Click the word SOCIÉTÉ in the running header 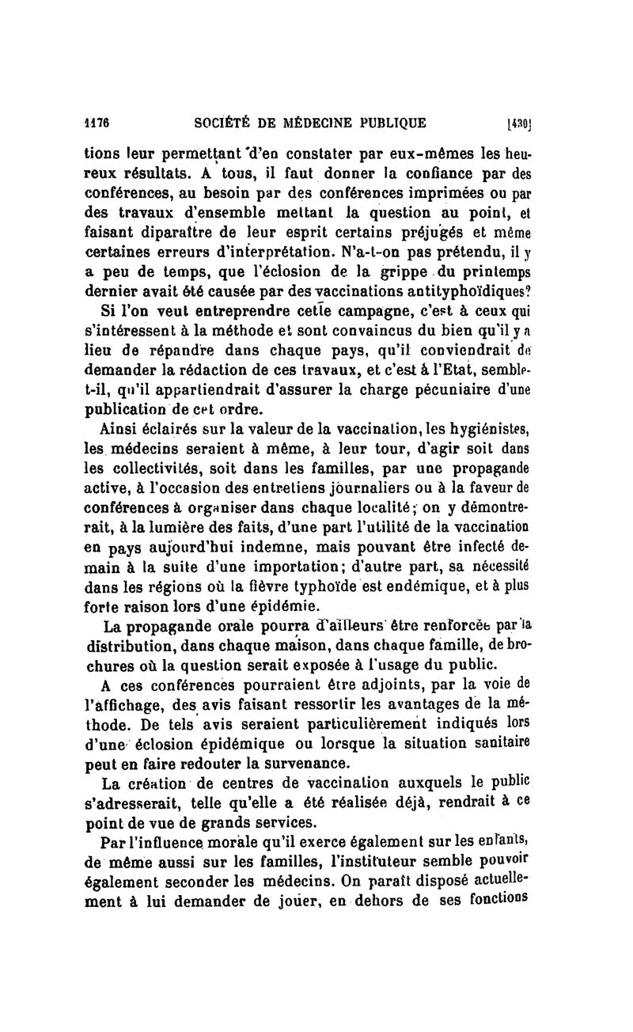[229, 123]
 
